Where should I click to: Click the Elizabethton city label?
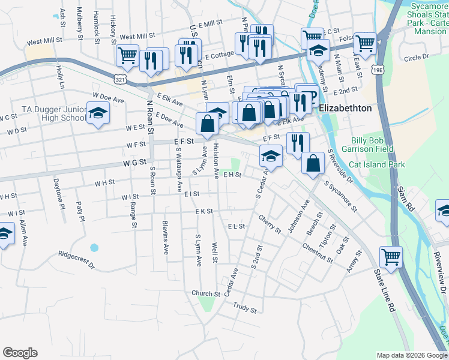[x=345, y=109]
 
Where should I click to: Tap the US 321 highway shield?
[x=120, y=79]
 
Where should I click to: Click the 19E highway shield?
[x=377, y=70]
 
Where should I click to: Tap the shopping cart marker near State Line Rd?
[x=391, y=256]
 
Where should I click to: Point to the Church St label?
[x=206, y=293]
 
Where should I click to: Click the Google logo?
[x=20, y=353]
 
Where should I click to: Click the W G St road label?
[x=135, y=162]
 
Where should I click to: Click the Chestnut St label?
[x=317, y=253]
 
